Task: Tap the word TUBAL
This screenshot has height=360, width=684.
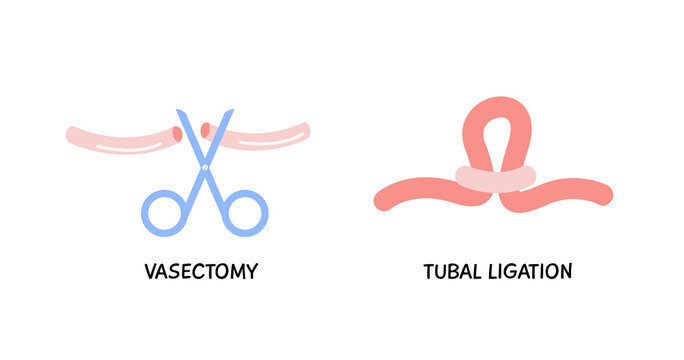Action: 451,270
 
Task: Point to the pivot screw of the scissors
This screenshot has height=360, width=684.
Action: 204,167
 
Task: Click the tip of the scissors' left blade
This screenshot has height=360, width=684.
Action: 178,113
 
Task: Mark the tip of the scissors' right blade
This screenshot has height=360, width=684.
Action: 229,113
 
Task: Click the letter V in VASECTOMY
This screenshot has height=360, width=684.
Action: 147,270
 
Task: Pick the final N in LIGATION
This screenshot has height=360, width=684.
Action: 567,270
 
